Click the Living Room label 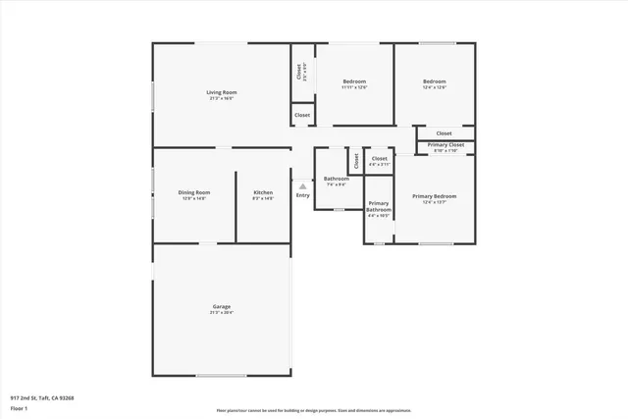[x=222, y=93]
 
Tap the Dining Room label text [x=194, y=192]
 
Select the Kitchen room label [x=263, y=192]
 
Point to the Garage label [x=222, y=306]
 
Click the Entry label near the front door [x=303, y=194]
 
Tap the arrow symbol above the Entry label [x=303, y=185]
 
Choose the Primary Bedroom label [x=434, y=196]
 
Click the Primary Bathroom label [x=379, y=207]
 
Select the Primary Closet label [x=445, y=144]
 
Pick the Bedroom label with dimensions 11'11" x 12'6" [x=354, y=81]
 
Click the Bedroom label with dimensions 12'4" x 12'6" [x=435, y=81]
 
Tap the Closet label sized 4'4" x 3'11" [x=379, y=158]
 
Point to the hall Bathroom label [x=337, y=179]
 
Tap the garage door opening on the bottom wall [x=222, y=376]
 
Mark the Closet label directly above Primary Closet [x=445, y=133]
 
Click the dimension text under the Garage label [x=222, y=313]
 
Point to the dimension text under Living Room [x=222, y=99]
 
